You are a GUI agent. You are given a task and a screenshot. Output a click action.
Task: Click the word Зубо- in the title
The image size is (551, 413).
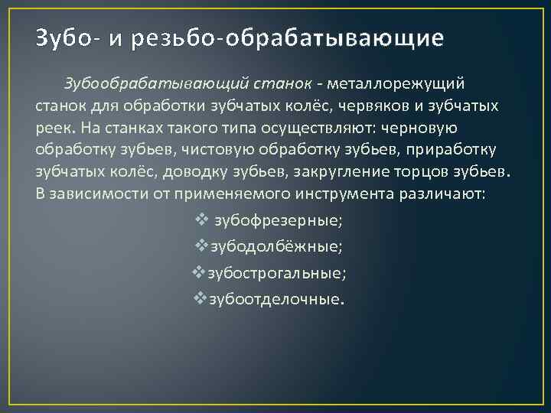click(61, 38)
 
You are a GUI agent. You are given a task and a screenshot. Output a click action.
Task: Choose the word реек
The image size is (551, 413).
click(52, 126)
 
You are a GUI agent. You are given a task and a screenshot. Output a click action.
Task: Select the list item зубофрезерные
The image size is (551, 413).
click(278, 221)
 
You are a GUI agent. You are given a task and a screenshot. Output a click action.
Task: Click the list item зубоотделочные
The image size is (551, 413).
click(277, 299)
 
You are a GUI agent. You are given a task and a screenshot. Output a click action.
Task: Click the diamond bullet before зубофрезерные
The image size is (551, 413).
click(202, 220)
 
